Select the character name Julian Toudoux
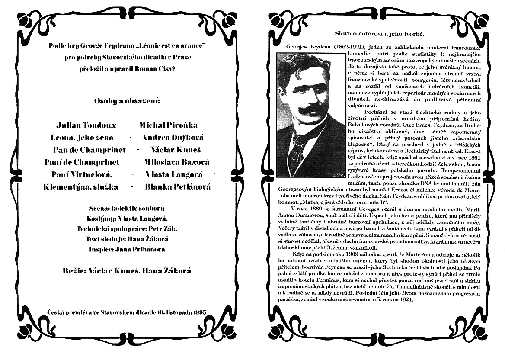click(x=86, y=125)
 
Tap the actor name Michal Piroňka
click(x=168, y=125)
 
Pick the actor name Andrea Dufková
click(x=173, y=138)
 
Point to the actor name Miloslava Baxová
click(x=176, y=162)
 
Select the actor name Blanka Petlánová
click(x=178, y=187)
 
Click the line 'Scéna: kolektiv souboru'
click(x=126, y=209)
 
